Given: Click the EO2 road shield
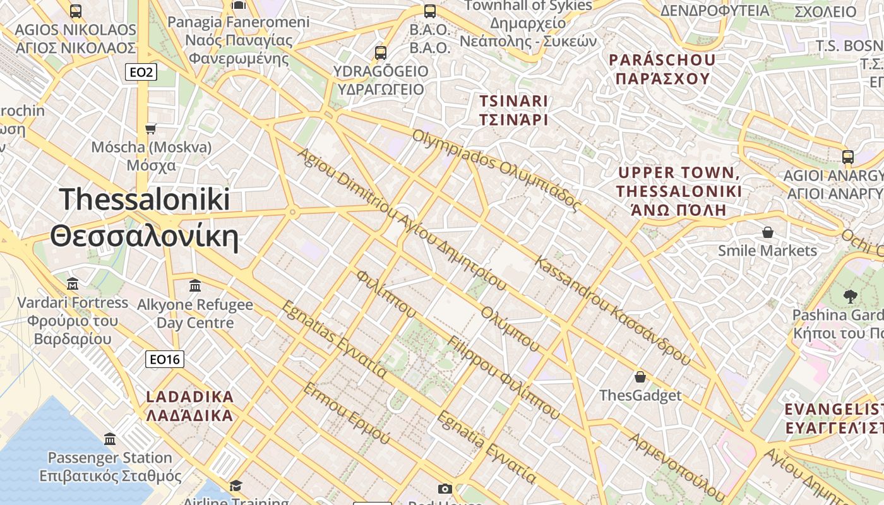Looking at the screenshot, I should click(140, 73).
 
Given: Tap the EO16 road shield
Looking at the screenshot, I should click(164, 360).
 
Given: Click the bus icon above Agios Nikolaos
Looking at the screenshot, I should click(76, 11).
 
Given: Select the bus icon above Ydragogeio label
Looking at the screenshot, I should click(381, 52).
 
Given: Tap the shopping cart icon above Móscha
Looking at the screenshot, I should click(150, 129).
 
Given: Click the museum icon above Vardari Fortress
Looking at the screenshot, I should click(72, 283).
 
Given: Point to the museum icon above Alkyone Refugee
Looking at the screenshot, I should click(195, 285).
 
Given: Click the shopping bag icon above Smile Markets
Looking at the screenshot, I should click(768, 232).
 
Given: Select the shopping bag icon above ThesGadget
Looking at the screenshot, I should click(640, 377).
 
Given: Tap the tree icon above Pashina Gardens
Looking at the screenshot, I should click(851, 295).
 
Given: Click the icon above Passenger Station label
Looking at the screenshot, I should click(110, 439).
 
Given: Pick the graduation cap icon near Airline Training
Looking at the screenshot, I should click(236, 485).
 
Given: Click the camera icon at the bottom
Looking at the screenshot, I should click(445, 489).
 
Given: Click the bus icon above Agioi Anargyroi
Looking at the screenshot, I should click(848, 157).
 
